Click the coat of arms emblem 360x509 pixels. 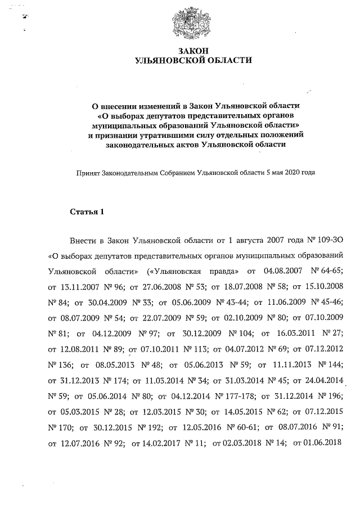coord(188,24)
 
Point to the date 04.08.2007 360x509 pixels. coord(284,271)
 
